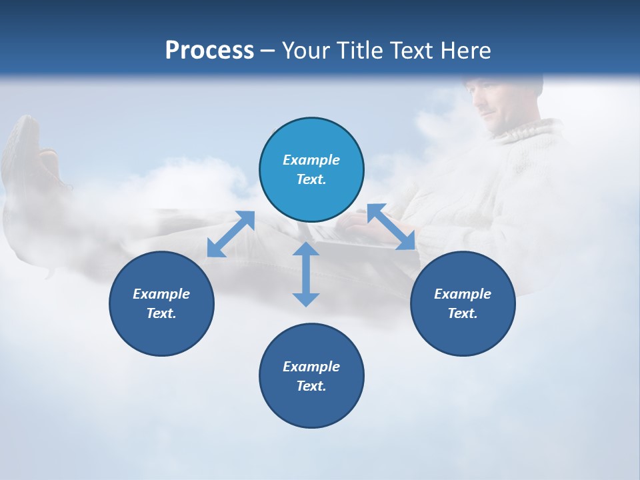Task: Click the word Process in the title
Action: pyautogui.click(x=209, y=50)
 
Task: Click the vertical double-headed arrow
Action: pyautogui.click(x=306, y=274)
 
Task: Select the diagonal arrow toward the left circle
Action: pyautogui.click(x=231, y=234)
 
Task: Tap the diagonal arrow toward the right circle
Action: pyautogui.click(x=391, y=227)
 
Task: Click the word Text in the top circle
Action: pyautogui.click(x=311, y=179)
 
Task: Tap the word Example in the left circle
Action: pyautogui.click(x=161, y=293)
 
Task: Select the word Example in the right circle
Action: pyautogui.click(x=463, y=293)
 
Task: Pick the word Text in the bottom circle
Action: pyautogui.click(x=311, y=385)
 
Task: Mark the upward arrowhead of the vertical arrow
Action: pyautogui.click(x=306, y=249)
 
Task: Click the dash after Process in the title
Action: pyautogui.click(x=268, y=51)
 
